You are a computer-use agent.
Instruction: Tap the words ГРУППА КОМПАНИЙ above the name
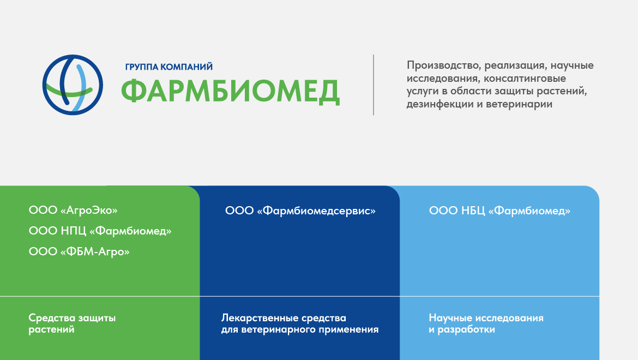[x=169, y=67]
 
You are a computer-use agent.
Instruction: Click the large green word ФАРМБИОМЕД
[x=230, y=92]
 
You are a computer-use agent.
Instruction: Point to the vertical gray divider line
[x=374, y=85]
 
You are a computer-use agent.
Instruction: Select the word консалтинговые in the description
[x=525, y=78]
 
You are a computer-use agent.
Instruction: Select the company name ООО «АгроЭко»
[x=73, y=210]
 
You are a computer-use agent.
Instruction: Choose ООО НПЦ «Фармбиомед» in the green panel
[x=100, y=231]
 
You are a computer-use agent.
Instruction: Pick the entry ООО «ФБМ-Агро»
[x=79, y=251]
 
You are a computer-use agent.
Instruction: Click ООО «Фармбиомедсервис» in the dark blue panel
[x=300, y=211]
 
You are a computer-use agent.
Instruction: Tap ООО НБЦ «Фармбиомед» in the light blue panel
[x=499, y=211]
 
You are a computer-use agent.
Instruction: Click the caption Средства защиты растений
[x=72, y=323]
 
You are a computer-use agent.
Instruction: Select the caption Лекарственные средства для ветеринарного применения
[x=300, y=323]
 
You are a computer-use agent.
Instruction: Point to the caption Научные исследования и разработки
[x=486, y=323]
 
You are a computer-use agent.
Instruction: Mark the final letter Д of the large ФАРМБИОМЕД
[x=328, y=92]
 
